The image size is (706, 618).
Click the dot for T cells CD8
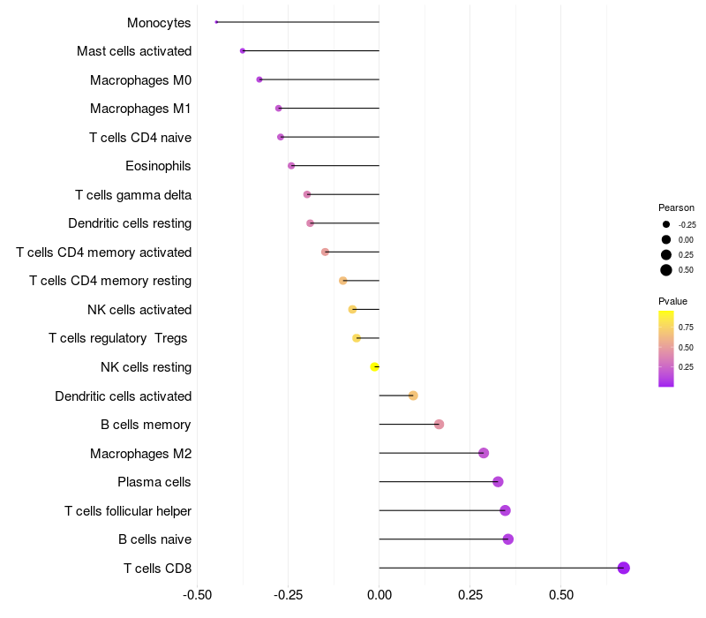click(624, 568)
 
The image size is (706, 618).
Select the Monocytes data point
click(216, 22)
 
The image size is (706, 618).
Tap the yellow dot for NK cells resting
click(375, 366)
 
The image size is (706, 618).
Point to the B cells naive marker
click(507, 539)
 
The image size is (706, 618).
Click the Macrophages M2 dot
click(484, 453)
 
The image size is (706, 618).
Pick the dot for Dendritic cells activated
click(413, 396)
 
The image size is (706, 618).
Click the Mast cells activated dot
click(243, 51)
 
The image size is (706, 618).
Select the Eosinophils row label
click(159, 166)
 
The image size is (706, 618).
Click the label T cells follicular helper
click(128, 510)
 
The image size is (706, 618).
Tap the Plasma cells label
click(154, 482)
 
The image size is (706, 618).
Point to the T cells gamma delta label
click(133, 195)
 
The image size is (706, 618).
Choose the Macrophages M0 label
click(140, 80)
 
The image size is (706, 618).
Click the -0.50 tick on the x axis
click(198, 595)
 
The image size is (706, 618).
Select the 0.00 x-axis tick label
click(379, 595)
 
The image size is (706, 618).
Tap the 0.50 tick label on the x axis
click(561, 595)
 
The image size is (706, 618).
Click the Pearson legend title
click(676, 207)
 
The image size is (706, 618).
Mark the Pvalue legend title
click(672, 301)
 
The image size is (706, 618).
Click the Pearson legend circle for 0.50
click(666, 270)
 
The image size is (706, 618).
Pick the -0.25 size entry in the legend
click(666, 224)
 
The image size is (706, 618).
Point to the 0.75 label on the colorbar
click(686, 327)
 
